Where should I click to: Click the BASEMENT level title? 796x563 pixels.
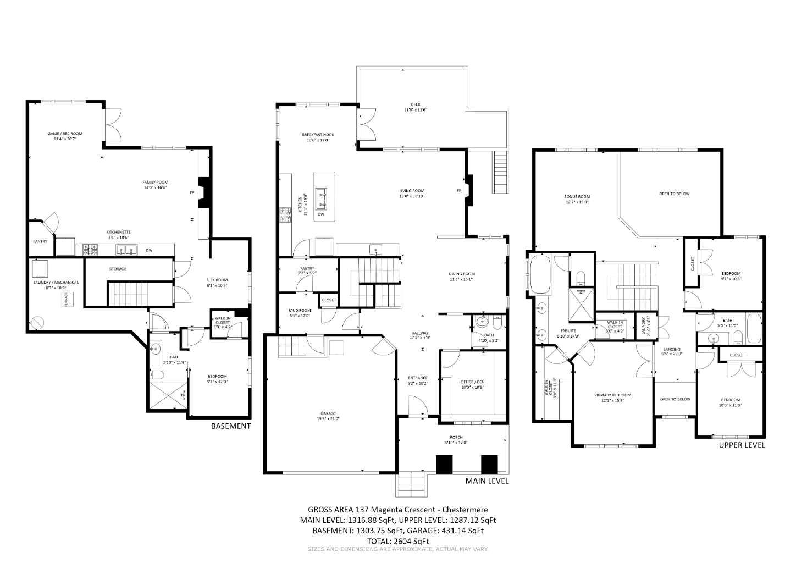coord(231,426)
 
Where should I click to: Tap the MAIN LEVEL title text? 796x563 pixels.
coord(487,481)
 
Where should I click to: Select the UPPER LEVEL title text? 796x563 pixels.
coord(742,445)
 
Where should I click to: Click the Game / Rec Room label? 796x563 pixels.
coord(65,136)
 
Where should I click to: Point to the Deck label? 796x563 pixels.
coord(415,107)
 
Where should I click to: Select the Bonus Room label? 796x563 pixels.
coord(577,199)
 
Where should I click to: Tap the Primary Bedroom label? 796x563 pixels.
coord(612,398)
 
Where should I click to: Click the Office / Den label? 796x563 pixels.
coord(472,384)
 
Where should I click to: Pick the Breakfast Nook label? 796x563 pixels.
coord(318,137)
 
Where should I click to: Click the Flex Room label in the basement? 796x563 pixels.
coord(217,283)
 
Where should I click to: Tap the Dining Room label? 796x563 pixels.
coord(461,276)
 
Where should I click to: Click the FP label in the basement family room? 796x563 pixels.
coord(192,192)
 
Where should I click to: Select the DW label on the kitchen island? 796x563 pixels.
coord(320,214)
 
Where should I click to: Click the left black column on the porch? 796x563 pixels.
coord(444,465)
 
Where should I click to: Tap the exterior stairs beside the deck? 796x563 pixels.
coord(500,172)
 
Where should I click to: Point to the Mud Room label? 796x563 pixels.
coord(300,313)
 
